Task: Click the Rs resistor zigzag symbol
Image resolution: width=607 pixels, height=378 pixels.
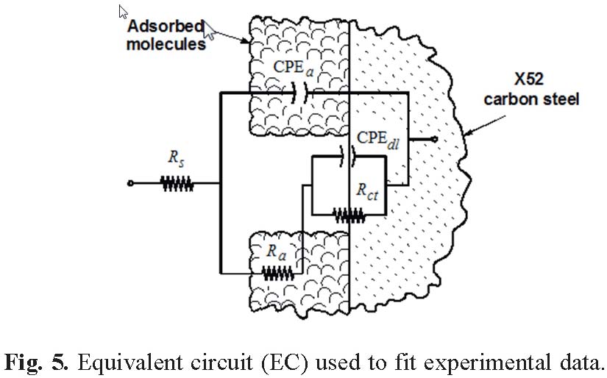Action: [177, 184]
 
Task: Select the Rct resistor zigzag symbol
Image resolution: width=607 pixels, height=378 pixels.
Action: [349, 215]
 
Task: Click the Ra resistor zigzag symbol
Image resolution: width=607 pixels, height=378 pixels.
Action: [277, 274]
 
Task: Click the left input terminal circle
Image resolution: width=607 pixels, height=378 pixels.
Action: [130, 184]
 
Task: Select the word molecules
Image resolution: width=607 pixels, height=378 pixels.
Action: [166, 44]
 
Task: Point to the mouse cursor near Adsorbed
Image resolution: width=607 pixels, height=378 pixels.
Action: [210, 30]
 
